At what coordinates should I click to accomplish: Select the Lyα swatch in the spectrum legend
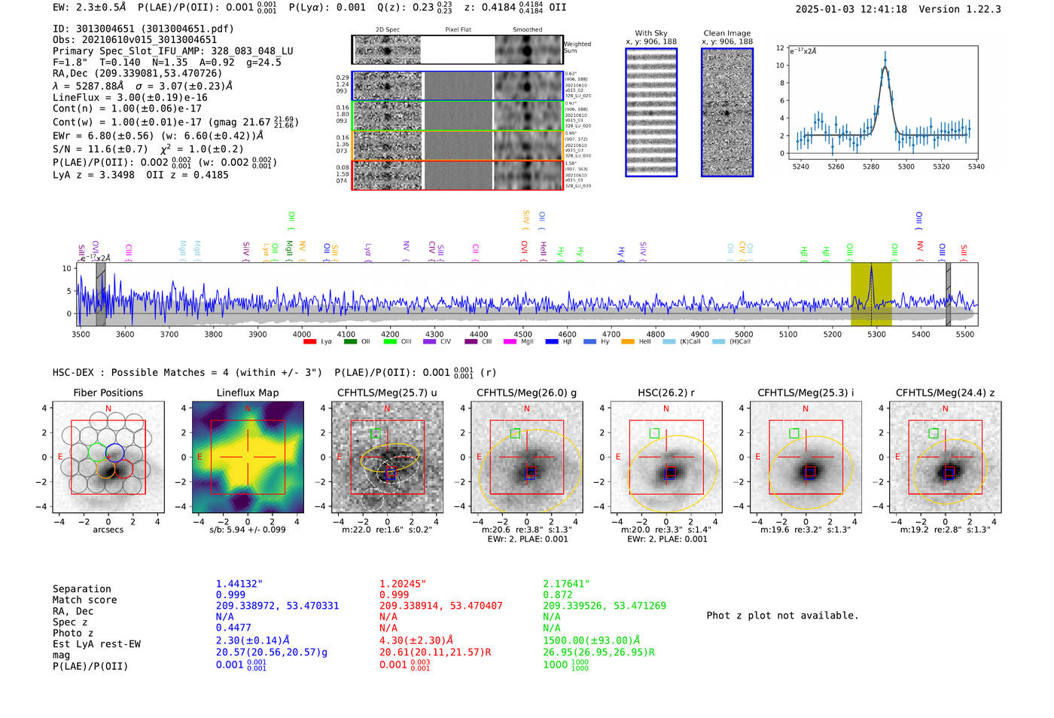(309, 342)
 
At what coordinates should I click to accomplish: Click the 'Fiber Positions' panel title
(108, 393)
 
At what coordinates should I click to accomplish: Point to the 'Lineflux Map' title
(247, 393)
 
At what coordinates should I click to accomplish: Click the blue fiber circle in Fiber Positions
(114, 452)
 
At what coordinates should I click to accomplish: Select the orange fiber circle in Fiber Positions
(105, 469)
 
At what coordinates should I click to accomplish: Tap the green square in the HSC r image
(654, 433)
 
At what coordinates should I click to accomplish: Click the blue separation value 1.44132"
(239, 584)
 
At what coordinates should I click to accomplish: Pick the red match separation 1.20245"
(402, 584)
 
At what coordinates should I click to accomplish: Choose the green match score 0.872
(558, 595)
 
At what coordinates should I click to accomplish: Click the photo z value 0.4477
(233, 628)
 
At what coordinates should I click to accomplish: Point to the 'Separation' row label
(81, 589)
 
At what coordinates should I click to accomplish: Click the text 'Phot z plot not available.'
(782, 616)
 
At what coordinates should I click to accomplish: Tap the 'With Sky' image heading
(650, 33)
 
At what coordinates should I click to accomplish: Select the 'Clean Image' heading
(727, 33)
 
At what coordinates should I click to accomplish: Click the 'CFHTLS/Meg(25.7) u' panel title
(387, 393)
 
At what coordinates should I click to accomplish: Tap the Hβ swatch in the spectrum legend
(552, 342)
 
